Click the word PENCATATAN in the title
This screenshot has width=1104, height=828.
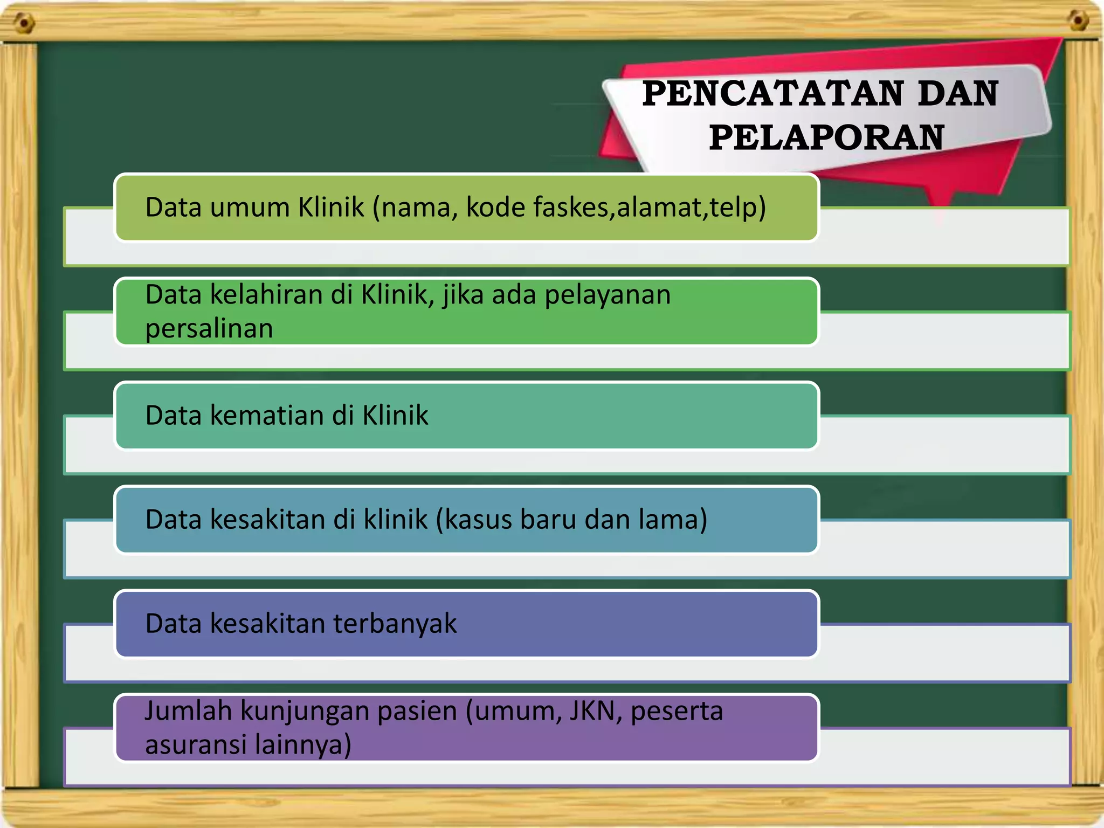772,94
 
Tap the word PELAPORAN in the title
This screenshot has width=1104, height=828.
826,137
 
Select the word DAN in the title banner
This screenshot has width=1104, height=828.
957,94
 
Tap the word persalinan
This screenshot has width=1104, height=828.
209,329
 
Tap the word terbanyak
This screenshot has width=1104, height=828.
395,624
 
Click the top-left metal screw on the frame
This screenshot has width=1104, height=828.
24,23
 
